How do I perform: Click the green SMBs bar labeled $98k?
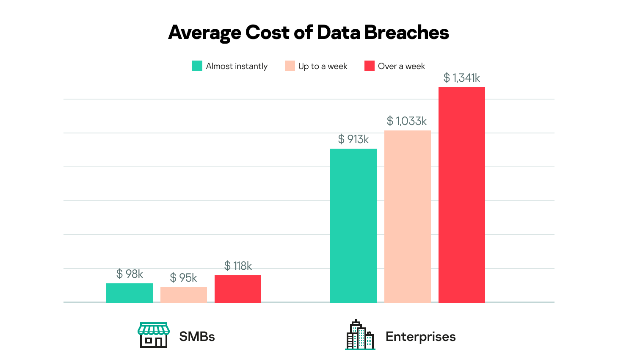coord(129,293)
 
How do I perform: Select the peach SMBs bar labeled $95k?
coord(183,295)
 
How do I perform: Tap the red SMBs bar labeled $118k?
coord(237,289)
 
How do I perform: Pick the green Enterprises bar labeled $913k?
coord(353,225)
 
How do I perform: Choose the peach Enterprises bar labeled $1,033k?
coord(407,216)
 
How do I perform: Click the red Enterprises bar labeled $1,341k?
coord(461,195)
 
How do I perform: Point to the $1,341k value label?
coord(461,78)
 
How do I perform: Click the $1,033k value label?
coord(407,121)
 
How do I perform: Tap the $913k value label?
coord(353,139)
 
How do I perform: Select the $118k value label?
coord(238,266)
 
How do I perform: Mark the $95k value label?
coord(184,278)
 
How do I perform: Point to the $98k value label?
coord(130,274)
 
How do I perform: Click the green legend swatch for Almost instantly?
coord(197,66)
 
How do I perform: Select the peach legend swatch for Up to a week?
coord(290,66)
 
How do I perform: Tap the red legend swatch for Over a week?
coord(370,66)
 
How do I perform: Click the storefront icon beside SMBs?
coord(154,335)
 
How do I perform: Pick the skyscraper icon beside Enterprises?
coord(360,335)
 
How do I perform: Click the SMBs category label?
coord(197,337)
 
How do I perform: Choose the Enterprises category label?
coord(420,337)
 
